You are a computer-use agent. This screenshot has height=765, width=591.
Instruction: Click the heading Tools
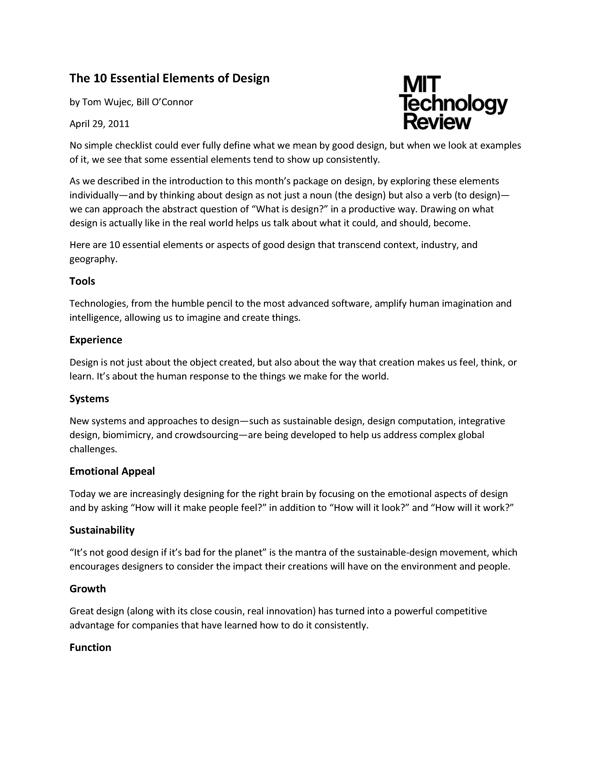coord(82,281)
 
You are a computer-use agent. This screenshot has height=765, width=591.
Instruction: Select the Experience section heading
coord(95,340)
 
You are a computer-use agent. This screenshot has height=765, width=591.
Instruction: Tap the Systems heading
coord(89,399)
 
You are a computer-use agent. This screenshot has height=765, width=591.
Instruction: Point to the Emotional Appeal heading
coord(112,471)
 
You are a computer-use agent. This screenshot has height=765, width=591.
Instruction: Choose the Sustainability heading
coord(102,530)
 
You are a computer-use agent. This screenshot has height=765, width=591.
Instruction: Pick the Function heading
coord(90,647)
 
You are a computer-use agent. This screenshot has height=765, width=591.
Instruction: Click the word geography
coord(92,259)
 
